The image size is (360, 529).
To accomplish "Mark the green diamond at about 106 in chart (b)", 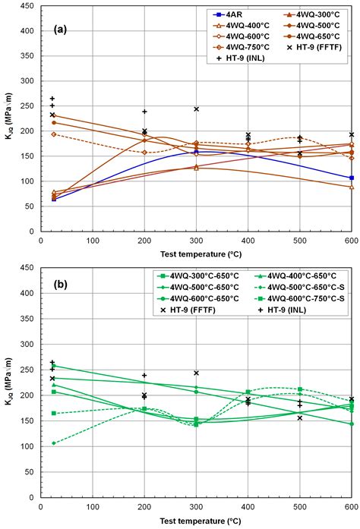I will click(53, 443).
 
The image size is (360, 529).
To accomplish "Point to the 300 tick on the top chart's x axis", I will click(196, 241).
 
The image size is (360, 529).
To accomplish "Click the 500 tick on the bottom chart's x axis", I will click(300, 505).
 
